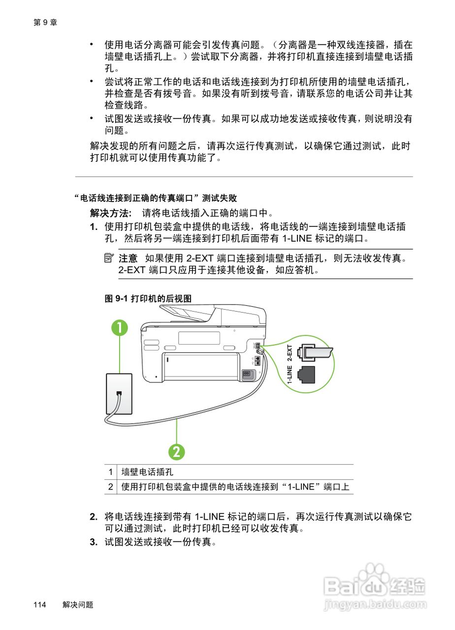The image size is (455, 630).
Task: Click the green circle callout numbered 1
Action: pyautogui.click(x=119, y=328)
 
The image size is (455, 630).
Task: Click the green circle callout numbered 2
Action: pyautogui.click(x=177, y=451)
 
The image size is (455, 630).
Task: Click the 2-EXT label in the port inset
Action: pyautogui.click(x=290, y=354)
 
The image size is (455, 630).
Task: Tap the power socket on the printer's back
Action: pyautogui.click(x=248, y=375)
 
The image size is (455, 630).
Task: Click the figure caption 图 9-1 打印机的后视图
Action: pyautogui.click(x=148, y=299)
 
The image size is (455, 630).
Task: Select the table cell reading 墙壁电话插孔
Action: pyautogui.click(x=148, y=472)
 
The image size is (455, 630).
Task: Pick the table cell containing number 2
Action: pyautogui.click(x=111, y=487)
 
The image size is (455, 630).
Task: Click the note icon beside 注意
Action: pyautogui.click(x=109, y=258)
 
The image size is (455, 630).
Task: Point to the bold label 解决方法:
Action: pyautogui.click(x=111, y=213)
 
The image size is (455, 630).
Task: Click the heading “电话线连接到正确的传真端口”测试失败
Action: pyautogui.click(x=156, y=198)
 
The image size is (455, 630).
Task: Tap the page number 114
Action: pyautogui.click(x=40, y=605)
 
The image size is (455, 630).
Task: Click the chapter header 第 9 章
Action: pyautogui.click(x=45, y=22)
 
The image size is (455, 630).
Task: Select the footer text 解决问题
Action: pyautogui.click(x=78, y=605)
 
